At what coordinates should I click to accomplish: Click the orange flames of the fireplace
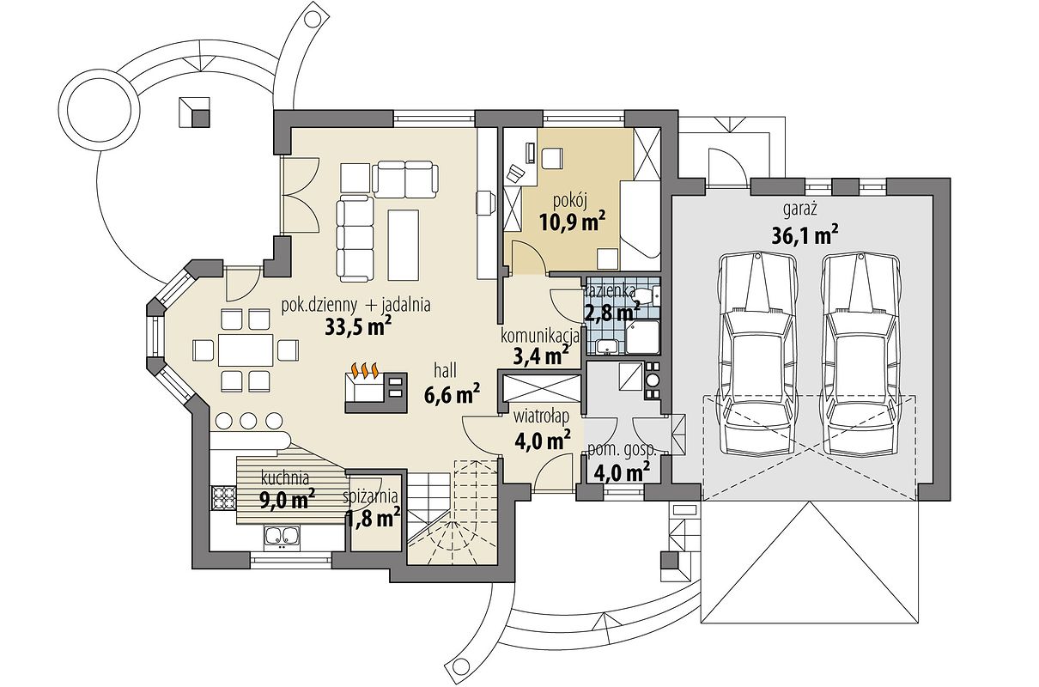click(365, 370)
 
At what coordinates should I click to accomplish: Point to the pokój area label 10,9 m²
click(573, 222)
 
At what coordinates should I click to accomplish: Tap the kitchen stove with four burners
click(223, 498)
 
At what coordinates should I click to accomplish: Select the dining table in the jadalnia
click(246, 349)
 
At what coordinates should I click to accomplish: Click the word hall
click(445, 371)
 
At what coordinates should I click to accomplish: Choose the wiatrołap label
click(541, 417)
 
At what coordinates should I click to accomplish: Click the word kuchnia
click(285, 477)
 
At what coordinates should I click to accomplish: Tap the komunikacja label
click(540, 337)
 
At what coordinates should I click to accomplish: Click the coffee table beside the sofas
click(403, 245)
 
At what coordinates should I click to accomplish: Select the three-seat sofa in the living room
click(355, 239)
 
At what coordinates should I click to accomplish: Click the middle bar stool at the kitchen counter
click(248, 420)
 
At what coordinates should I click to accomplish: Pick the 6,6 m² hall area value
click(452, 395)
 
